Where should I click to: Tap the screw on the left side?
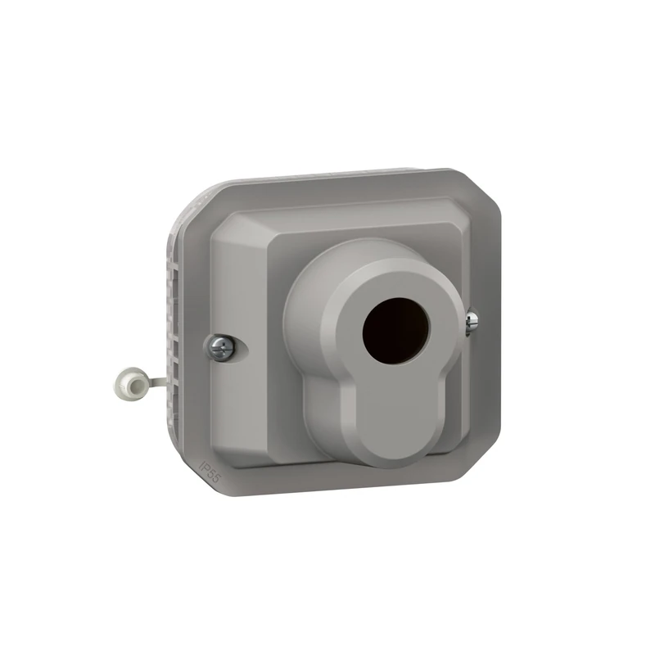pyautogui.click(x=222, y=348)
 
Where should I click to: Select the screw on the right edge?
pyautogui.click(x=472, y=322)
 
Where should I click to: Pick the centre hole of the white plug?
pyautogui.click(x=129, y=382)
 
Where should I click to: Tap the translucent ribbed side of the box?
pyautogui.click(x=175, y=327)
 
